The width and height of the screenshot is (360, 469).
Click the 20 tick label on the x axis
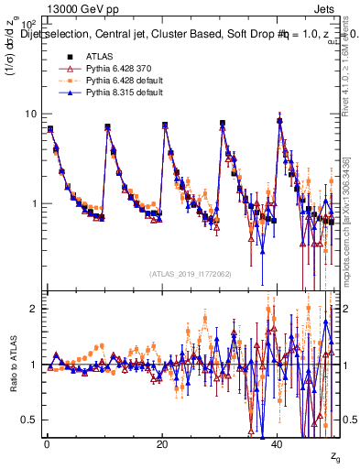coord(162,443)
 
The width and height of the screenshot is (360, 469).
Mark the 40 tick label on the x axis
coord(278,443)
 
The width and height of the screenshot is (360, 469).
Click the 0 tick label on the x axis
coord(47,443)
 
